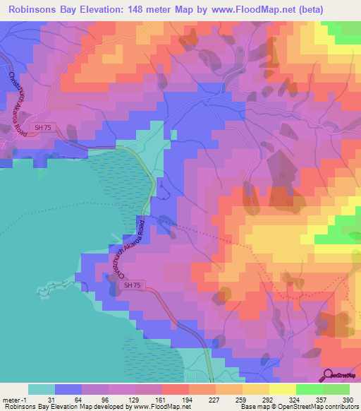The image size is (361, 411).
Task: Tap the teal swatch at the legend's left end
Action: point(42,389)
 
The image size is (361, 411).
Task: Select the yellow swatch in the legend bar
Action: point(282,389)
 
